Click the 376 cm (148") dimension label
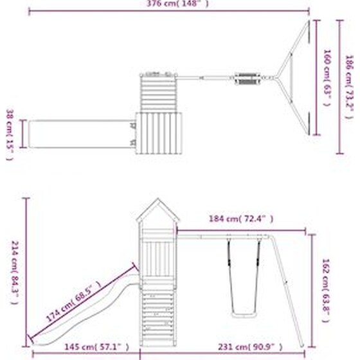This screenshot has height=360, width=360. pyautogui.click(x=177, y=4)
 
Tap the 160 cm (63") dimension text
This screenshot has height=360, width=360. pyautogui.click(x=327, y=78)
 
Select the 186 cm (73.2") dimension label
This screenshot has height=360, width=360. pyautogui.click(x=349, y=87)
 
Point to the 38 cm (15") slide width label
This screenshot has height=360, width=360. pyautogui.click(x=10, y=134)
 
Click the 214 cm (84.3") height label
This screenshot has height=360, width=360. pyautogui.click(x=15, y=273)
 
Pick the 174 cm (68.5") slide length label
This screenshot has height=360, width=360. pyautogui.click(x=73, y=301)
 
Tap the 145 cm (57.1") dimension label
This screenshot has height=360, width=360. pyautogui.click(x=96, y=347)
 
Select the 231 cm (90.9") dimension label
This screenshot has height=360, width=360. pyautogui.click(x=250, y=347)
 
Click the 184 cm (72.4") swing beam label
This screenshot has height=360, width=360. pyautogui.click(x=241, y=219)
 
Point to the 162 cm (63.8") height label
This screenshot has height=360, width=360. pyautogui.click(x=326, y=290)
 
